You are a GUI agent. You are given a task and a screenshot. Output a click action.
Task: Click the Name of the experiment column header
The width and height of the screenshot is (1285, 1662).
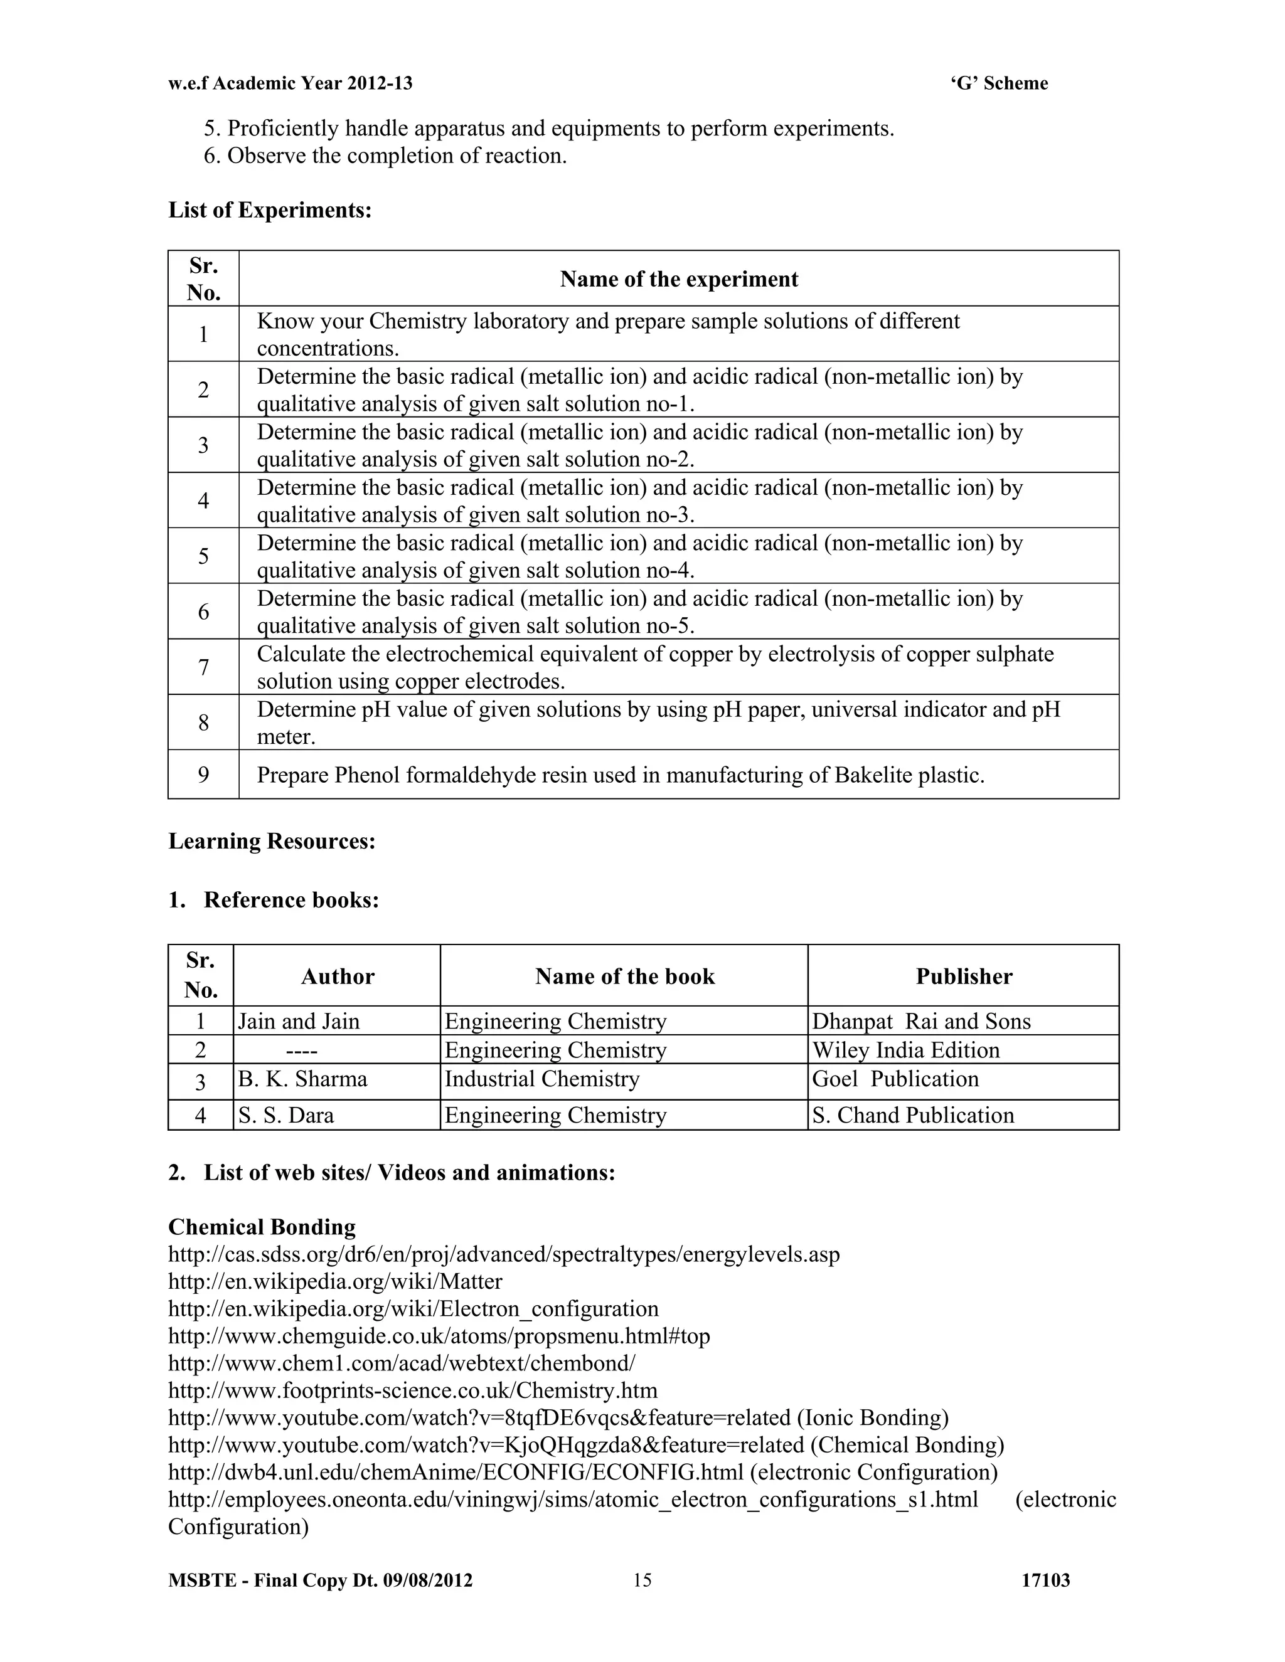678,279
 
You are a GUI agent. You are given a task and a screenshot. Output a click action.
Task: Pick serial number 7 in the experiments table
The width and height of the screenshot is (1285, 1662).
203,667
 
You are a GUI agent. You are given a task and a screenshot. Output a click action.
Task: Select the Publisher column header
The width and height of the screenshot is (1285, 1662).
963,977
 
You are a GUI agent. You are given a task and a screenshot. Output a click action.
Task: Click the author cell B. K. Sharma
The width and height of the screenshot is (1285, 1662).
302,1079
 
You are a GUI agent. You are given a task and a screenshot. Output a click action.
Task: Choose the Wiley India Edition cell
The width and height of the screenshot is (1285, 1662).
905,1050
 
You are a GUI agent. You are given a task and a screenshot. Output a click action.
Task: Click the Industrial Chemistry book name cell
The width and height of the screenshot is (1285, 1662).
541,1079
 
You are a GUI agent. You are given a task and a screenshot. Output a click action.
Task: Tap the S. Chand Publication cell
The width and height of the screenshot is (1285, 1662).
913,1116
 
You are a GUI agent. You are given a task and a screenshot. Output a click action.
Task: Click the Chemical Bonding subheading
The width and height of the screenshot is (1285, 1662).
262,1227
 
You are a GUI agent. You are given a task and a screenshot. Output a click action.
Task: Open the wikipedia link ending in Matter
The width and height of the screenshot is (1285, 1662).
335,1281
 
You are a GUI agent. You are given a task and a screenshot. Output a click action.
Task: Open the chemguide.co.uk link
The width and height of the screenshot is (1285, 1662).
439,1336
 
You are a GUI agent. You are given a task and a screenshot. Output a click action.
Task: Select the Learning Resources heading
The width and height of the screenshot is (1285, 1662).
272,842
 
